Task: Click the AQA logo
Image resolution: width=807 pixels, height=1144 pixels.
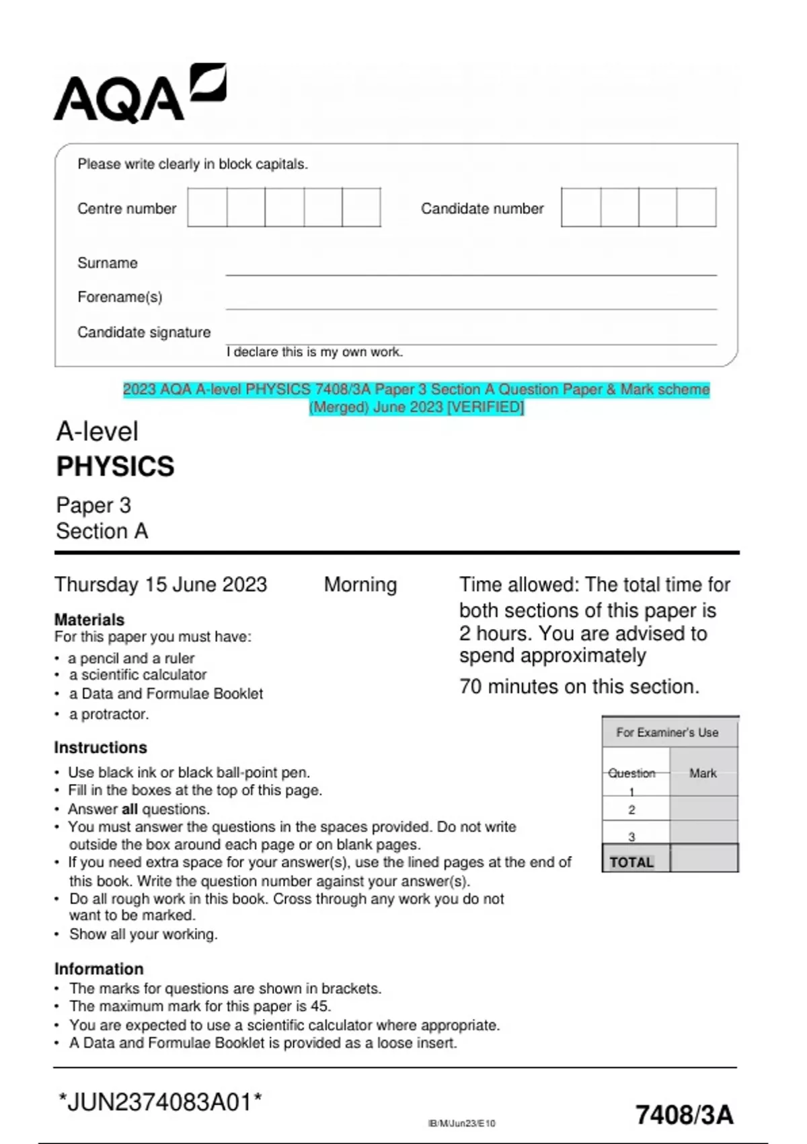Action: (139, 94)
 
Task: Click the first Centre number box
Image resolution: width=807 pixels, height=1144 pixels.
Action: (207, 207)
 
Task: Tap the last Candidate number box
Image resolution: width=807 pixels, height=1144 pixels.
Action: (697, 207)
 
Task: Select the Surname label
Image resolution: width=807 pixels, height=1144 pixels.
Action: (108, 263)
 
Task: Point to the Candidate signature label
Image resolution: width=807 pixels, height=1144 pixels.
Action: (144, 332)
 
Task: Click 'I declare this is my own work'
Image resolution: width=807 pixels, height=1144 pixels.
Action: (315, 352)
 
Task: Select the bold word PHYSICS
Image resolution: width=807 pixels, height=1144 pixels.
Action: (115, 466)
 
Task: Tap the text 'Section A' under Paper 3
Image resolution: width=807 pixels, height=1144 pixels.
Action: (102, 531)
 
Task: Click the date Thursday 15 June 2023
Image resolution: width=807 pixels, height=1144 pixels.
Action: (161, 584)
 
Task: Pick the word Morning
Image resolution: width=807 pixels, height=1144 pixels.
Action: (360, 584)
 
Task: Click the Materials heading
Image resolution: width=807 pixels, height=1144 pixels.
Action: (89, 619)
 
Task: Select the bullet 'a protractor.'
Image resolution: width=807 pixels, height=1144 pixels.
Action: (108, 714)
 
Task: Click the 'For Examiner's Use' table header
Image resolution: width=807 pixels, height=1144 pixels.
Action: (667, 732)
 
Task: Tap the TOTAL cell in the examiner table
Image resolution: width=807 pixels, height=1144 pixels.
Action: (632, 862)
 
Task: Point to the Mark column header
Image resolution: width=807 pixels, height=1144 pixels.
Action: (703, 773)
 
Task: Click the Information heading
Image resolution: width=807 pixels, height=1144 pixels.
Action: (99, 968)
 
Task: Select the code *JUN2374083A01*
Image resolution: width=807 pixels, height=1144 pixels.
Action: (160, 1102)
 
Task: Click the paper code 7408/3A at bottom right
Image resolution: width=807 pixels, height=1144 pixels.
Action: (684, 1115)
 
